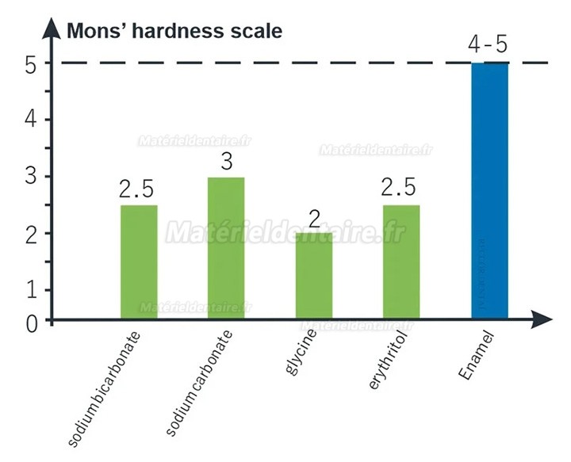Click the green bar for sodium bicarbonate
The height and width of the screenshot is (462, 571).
[139, 262]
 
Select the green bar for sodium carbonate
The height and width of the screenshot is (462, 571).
[226, 248]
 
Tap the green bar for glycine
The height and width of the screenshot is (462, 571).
[314, 276]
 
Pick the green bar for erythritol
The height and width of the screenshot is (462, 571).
[401, 262]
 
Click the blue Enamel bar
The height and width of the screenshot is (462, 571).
[489, 191]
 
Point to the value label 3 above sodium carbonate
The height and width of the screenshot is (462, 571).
[226, 162]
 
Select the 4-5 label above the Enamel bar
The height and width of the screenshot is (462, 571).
[488, 44]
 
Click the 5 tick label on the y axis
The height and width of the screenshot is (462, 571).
[29, 64]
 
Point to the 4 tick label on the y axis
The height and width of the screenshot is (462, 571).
[29, 120]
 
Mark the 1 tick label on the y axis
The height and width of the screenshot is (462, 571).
[29, 289]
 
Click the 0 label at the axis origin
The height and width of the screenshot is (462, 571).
[29, 323]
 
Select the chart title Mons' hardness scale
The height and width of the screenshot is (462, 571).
[174, 32]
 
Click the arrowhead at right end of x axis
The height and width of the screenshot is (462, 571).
[542, 319]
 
